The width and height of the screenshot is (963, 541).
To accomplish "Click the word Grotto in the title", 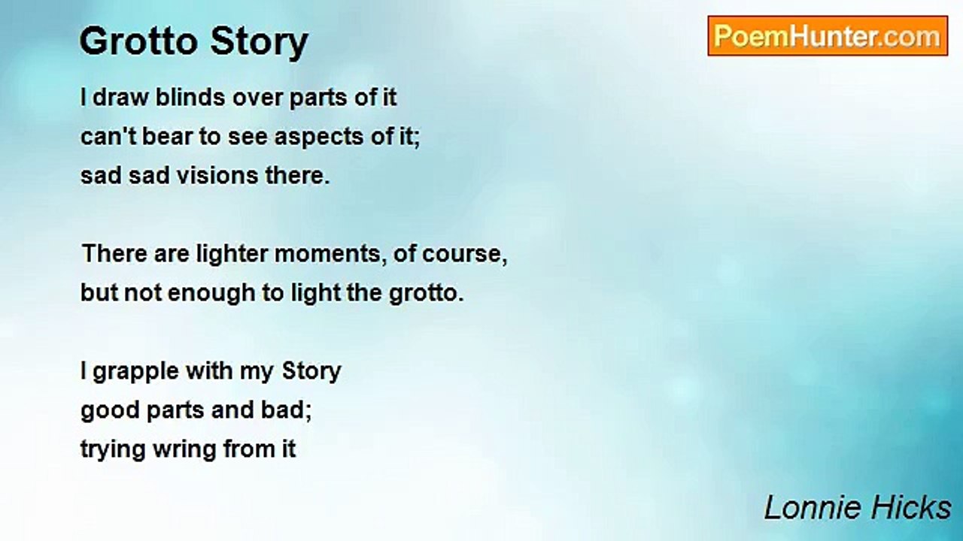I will point(139,41).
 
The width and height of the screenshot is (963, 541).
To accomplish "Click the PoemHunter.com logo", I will point(828,36).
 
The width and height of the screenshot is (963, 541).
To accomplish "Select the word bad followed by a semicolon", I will point(294,410).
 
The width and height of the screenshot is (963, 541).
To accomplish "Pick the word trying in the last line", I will point(111,449).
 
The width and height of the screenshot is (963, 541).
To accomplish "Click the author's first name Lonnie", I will point(806,508).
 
